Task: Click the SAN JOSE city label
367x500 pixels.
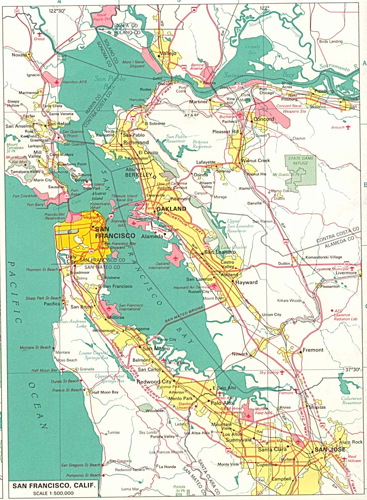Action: point(327,449)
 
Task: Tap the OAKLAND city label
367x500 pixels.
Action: point(172,209)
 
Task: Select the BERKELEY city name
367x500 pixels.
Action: point(139,174)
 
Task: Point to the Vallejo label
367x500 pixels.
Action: point(168,53)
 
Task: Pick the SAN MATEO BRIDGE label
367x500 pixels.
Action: point(185,314)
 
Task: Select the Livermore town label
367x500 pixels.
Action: point(346,273)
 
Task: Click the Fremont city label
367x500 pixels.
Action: point(313,350)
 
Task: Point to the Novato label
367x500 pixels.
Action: point(19,55)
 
